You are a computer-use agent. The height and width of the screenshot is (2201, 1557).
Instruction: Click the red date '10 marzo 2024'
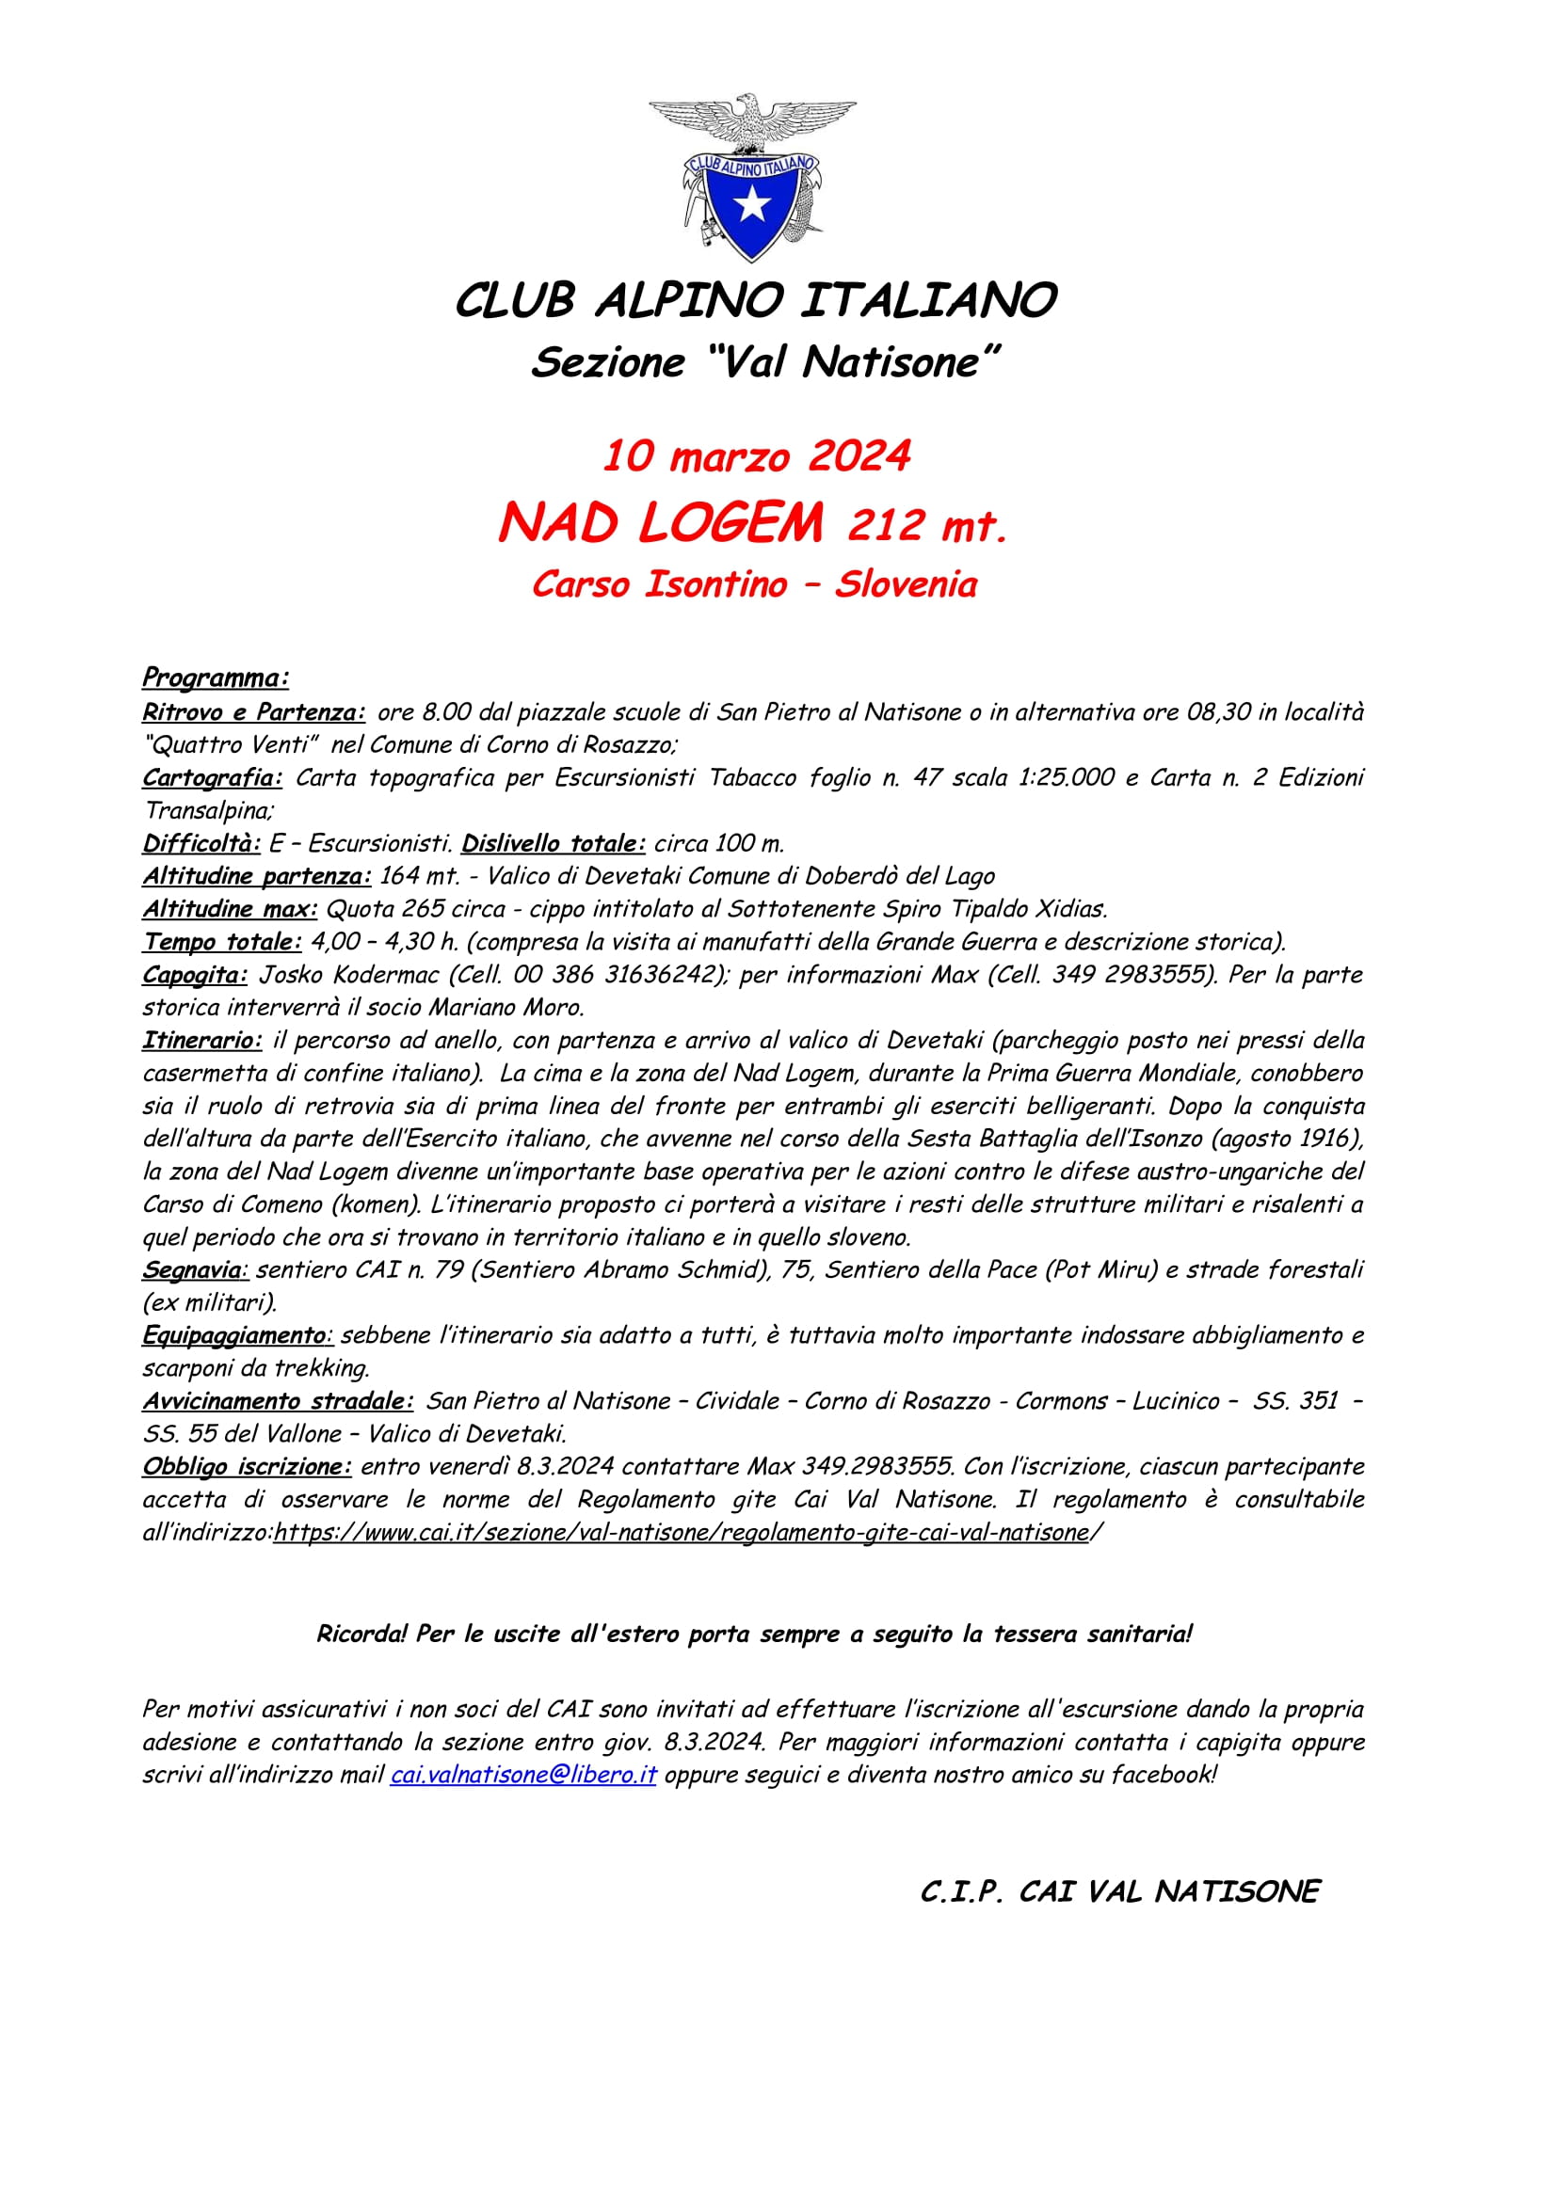(x=757, y=456)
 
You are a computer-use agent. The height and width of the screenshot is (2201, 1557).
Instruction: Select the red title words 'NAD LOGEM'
(x=661, y=523)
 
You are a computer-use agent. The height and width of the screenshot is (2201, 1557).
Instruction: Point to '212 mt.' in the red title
(x=927, y=526)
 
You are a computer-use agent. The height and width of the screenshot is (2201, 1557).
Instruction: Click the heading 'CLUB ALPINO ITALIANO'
(x=756, y=300)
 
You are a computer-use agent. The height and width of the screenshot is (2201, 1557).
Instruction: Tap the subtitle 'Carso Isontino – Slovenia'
(x=755, y=583)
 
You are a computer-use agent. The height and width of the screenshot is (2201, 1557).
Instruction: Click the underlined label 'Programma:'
(x=216, y=678)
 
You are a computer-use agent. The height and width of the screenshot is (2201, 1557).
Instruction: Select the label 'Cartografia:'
(x=212, y=777)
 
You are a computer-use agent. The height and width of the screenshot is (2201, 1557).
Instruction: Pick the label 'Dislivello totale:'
(x=554, y=843)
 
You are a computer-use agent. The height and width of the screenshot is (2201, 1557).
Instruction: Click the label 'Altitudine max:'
(x=230, y=909)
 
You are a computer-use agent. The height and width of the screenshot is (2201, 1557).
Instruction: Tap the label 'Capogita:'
(x=195, y=975)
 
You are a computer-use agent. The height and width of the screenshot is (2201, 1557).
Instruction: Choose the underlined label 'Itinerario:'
(x=202, y=1040)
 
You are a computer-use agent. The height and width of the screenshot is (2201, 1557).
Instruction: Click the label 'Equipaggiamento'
(x=235, y=1335)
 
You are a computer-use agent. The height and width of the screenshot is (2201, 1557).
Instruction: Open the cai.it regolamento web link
(x=682, y=1533)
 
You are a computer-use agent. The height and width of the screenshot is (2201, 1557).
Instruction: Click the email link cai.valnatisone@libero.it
(x=523, y=1775)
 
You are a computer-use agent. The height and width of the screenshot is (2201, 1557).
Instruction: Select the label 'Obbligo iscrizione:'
(x=248, y=1467)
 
